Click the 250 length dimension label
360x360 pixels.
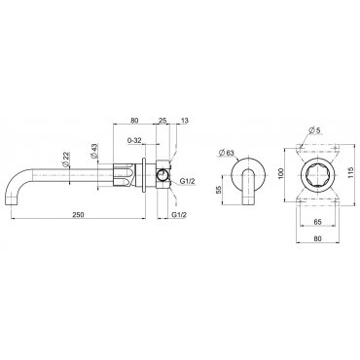(x=78, y=214)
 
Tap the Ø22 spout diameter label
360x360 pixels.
(x=66, y=160)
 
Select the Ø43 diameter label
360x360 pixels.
(x=95, y=151)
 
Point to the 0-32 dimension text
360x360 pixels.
(x=134, y=140)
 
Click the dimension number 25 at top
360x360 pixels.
(x=162, y=121)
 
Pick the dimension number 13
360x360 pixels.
(x=184, y=121)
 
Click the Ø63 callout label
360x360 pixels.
(x=227, y=152)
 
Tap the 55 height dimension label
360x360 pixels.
(x=219, y=190)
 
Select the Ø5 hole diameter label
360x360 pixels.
(x=315, y=130)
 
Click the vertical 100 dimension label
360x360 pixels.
(x=280, y=173)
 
